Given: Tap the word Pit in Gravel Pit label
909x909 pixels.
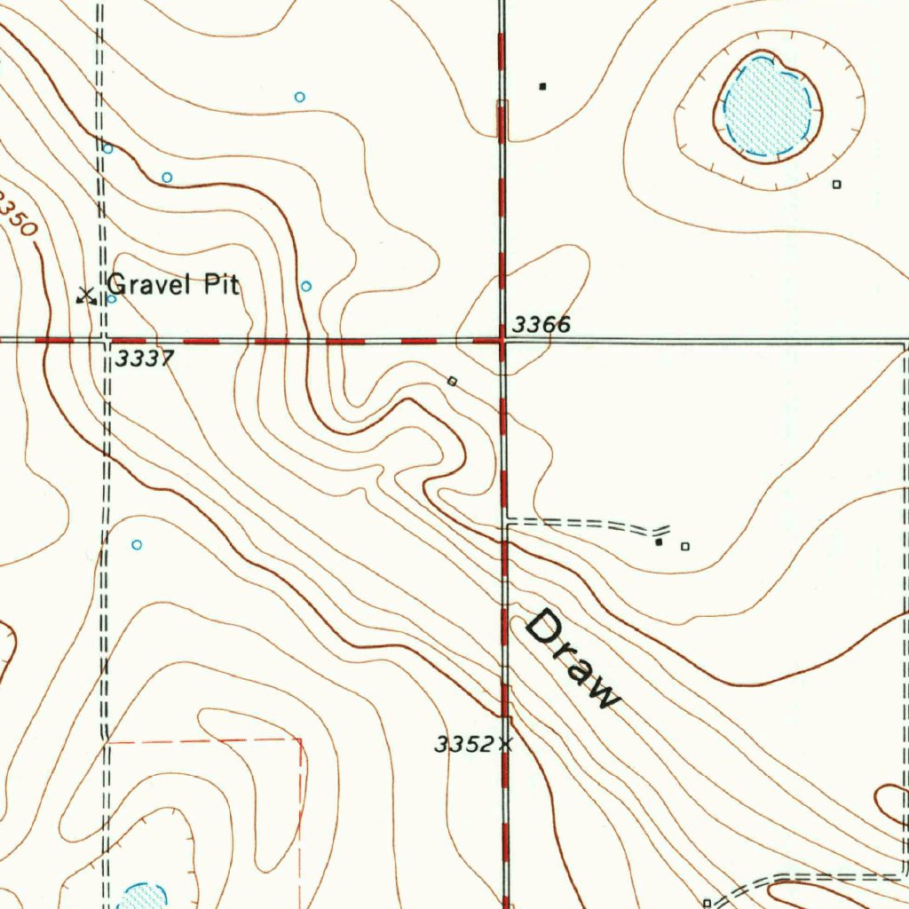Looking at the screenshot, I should [x=221, y=284].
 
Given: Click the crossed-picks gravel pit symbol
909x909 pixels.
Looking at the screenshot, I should [x=86, y=296].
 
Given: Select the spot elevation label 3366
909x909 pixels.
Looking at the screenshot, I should [x=541, y=325].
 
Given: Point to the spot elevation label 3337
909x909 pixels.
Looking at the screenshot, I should [x=145, y=359].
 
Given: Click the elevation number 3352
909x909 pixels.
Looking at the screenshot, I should [x=464, y=745].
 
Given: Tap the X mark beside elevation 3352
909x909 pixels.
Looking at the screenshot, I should [x=506, y=745].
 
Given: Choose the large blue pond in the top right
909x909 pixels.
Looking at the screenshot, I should [x=768, y=106].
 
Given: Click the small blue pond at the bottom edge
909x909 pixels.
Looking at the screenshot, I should [x=142, y=896].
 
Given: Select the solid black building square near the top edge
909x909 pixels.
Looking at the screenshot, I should [x=542, y=87].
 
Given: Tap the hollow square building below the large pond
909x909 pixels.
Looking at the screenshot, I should [x=836, y=185].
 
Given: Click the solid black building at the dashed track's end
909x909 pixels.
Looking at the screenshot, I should [x=659, y=541].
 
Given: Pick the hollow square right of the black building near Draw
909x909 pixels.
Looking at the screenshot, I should [x=684, y=547].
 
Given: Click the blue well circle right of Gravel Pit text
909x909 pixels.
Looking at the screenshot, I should [x=306, y=286].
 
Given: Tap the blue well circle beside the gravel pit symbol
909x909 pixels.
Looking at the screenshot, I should [x=111, y=298].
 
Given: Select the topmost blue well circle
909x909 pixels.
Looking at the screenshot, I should [x=300, y=96].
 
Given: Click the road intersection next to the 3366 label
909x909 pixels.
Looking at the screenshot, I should [x=502, y=340].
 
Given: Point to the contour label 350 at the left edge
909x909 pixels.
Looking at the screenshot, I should [x=18, y=216].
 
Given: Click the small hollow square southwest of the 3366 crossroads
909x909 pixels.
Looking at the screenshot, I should [x=452, y=381].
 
